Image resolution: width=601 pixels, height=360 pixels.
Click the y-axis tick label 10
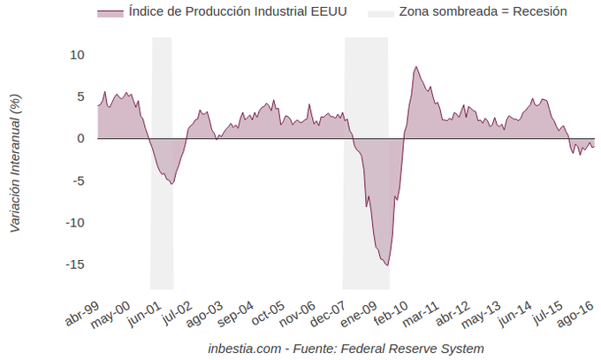(x=77, y=55)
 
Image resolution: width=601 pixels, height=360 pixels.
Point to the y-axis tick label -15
(x=74, y=264)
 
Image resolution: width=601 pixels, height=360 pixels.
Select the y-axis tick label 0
(x=80, y=139)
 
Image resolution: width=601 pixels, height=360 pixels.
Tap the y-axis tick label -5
(x=77, y=180)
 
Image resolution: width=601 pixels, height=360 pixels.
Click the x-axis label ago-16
(x=578, y=312)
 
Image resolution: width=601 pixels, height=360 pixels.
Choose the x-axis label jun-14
(x=516, y=312)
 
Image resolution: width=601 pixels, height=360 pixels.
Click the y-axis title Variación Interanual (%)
(x=15, y=164)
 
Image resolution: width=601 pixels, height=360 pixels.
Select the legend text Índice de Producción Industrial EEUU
(x=224, y=12)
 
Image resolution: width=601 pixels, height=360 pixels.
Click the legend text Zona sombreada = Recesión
(x=483, y=12)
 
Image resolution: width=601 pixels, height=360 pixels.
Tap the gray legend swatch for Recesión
(x=379, y=12)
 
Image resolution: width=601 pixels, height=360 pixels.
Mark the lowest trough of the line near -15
(x=387, y=265)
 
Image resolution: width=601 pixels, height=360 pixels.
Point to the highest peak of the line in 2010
(x=415, y=66)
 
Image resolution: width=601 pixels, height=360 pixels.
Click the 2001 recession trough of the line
(x=172, y=183)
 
